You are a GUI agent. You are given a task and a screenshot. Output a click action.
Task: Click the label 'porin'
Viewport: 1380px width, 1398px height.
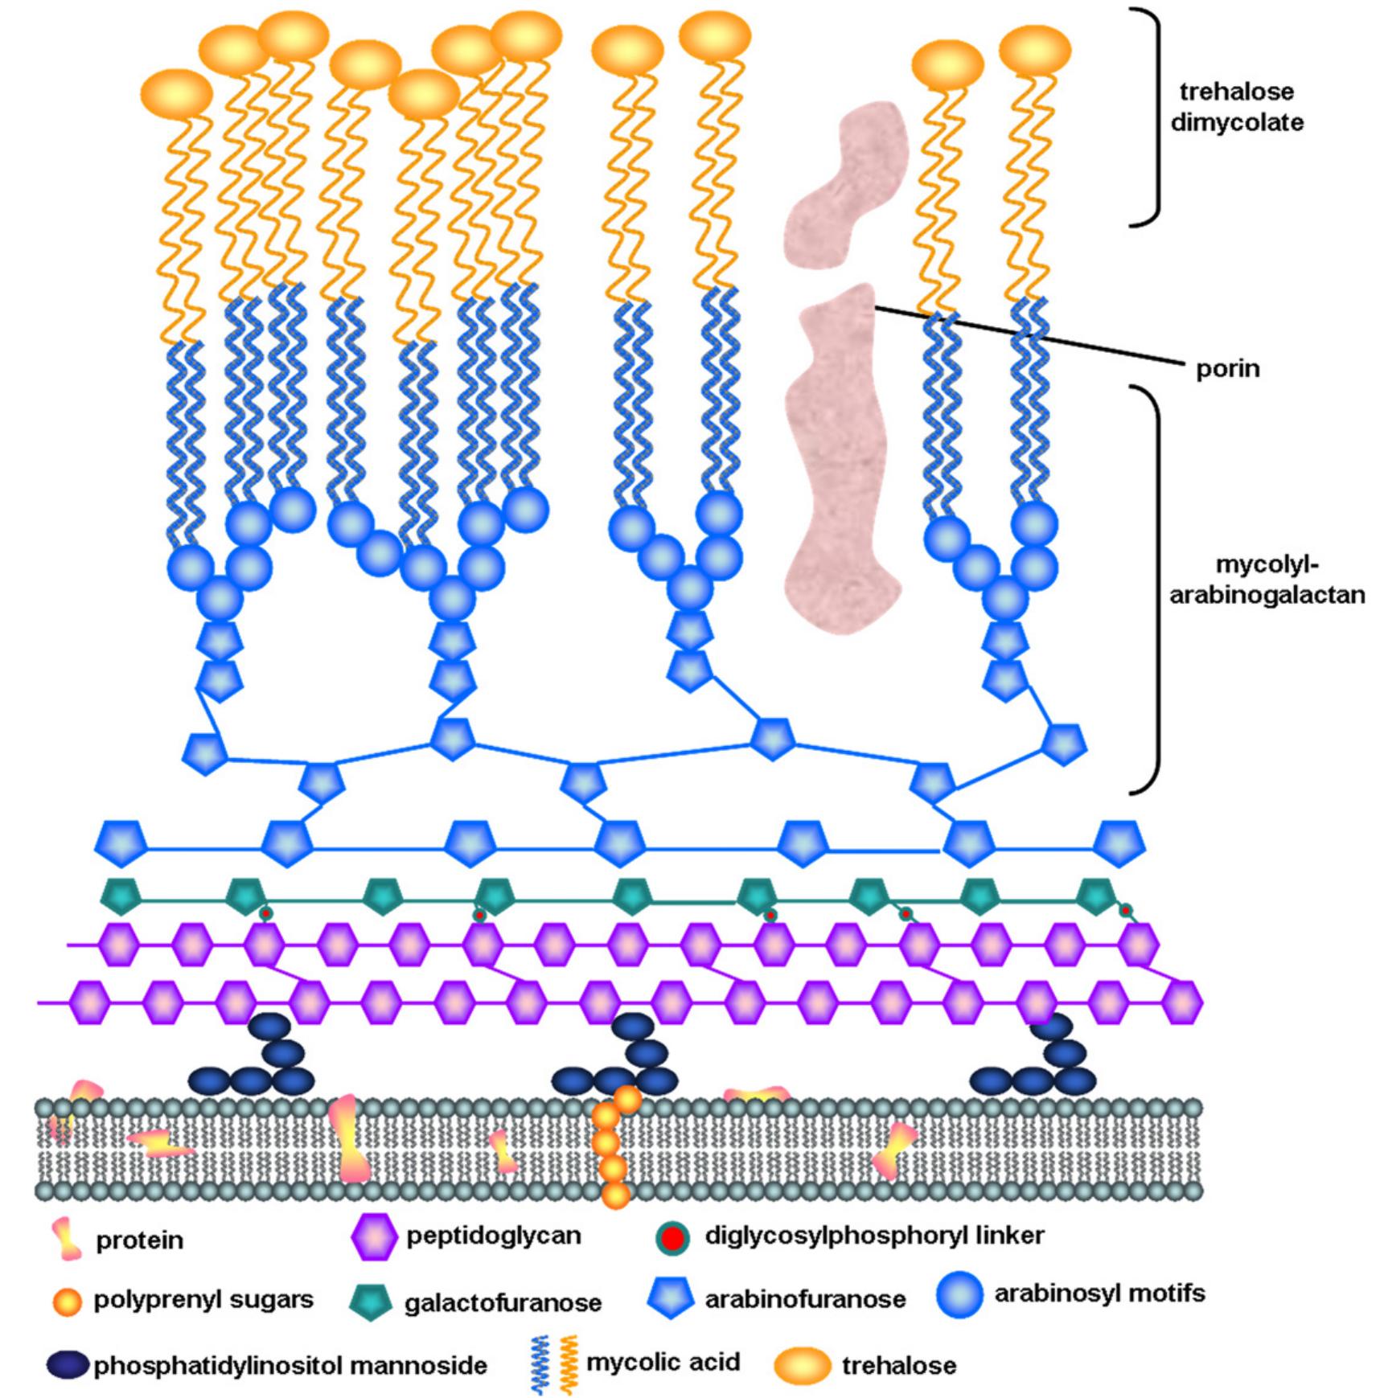1227,369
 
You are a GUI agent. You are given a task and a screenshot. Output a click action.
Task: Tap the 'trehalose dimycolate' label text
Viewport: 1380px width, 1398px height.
1236,107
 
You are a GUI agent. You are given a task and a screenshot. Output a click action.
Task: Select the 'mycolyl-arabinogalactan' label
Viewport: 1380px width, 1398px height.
1266,580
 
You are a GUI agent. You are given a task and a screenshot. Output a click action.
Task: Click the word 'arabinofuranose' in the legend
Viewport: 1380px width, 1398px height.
805,1299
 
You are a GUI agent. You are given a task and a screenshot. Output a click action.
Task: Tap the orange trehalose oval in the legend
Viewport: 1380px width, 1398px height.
802,1365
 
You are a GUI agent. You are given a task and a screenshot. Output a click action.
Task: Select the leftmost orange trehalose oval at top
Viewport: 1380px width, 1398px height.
182,92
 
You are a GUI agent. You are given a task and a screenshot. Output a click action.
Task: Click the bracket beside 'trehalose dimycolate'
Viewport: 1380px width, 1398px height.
1156,117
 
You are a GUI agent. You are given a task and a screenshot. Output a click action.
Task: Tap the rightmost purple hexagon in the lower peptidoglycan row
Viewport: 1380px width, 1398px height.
1183,1003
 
